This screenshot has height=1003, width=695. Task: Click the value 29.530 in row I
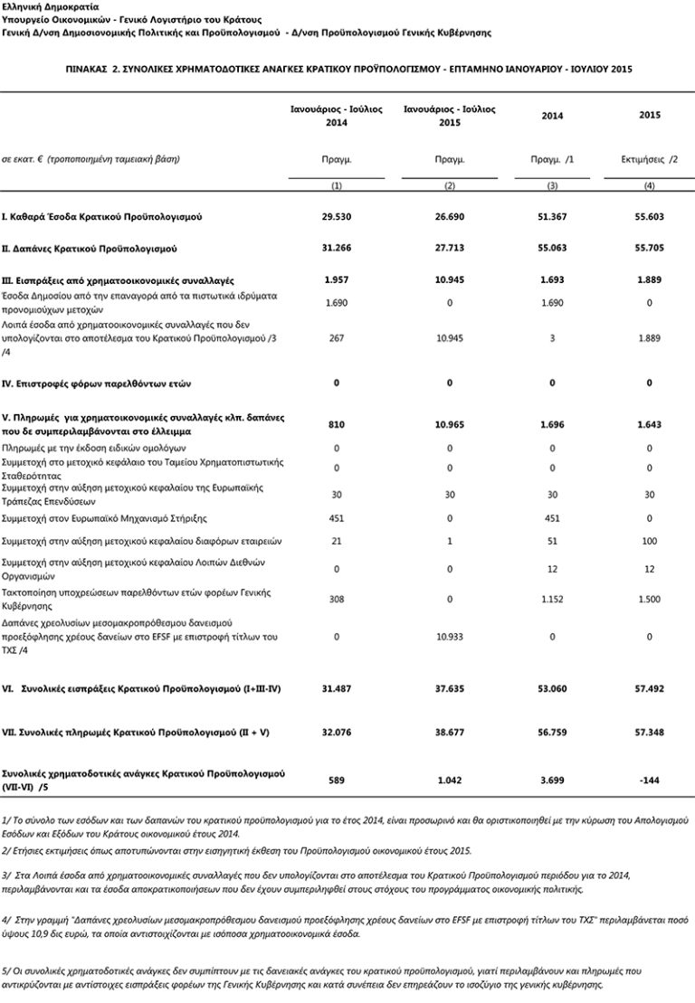pyautogui.click(x=337, y=218)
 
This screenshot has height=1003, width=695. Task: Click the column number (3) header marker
pyautogui.click(x=551, y=185)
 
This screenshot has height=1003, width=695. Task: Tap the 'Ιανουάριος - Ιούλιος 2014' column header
pyautogui.click(x=337, y=115)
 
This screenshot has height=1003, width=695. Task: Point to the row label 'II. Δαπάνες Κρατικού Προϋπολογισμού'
pyautogui.click(x=93, y=247)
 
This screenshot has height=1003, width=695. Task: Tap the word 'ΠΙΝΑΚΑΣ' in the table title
pyautogui.click(x=91, y=69)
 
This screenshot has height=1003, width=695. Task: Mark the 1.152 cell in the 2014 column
pyautogui.click(x=551, y=598)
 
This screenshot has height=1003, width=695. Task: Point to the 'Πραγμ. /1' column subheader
pyautogui.click(x=551, y=159)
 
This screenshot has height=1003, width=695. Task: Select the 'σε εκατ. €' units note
pyautogui.click(x=27, y=159)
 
